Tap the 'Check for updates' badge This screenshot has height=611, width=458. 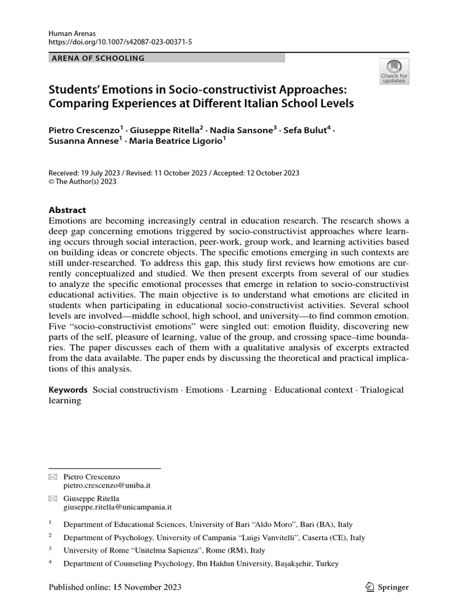pyautogui.click(x=394, y=71)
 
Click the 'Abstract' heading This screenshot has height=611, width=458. pyautogui.click(x=67, y=210)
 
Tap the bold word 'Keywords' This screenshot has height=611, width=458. pyautogui.click(x=68, y=390)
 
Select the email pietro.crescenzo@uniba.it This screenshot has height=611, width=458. pyautogui.click(x=108, y=487)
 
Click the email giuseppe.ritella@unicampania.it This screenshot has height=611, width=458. pyautogui.click(x=117, y=507)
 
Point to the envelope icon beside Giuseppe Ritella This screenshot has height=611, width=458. pyautogui.click(x=52, y=498)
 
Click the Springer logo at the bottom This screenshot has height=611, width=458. pyautogui.click(x=387, y=587)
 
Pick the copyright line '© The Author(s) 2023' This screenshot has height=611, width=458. pyautogui.click(x=82, y=182)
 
